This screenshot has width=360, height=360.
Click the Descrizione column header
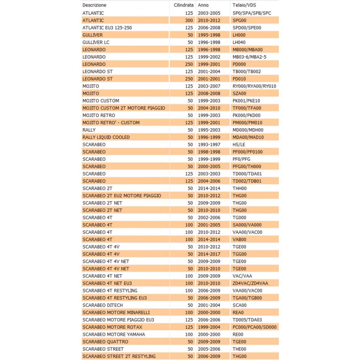[x=94, y=5]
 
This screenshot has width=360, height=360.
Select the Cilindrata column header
[x=183, y=5]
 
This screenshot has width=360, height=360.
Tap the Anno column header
[x=203, y=5]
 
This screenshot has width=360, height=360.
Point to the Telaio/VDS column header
[x=244, y=5]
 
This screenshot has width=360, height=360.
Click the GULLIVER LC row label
[x=96, y=42]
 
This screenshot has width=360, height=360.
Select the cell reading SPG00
[x=239, y=20]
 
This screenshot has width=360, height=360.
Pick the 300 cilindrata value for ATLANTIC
[x=189, y=20]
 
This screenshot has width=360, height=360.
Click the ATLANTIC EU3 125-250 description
[x=107, y=28]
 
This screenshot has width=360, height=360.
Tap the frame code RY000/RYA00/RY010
[x=254, y=86]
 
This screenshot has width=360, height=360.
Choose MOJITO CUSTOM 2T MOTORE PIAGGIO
[x=124, y=108]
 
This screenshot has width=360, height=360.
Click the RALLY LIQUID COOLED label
[x=106, y=137]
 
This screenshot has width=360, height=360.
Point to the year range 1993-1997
[x=209, y=145]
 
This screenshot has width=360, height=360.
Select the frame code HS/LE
[x=239, y=145]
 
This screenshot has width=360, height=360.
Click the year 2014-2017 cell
[x=209, y=254]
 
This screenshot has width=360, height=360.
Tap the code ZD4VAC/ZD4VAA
[x=250, y=283]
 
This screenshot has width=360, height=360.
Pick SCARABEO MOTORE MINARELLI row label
[x=116, y=313]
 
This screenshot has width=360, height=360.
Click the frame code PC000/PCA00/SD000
[x=254, y=327]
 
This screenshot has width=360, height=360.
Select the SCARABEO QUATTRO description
[x=105, y=342]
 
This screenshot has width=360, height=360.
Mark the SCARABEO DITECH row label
[x=103, y=305]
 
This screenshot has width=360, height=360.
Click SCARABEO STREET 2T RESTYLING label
[x=119, y=356]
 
